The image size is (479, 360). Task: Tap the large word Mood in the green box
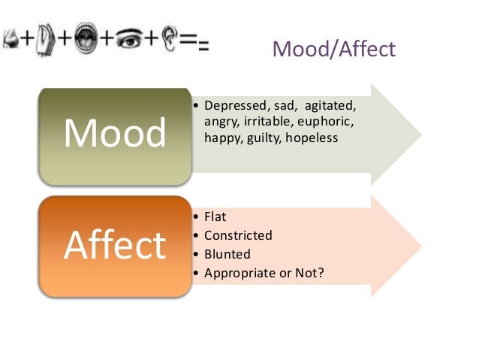pos(115,133)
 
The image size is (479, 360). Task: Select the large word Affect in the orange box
pos(115,244)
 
